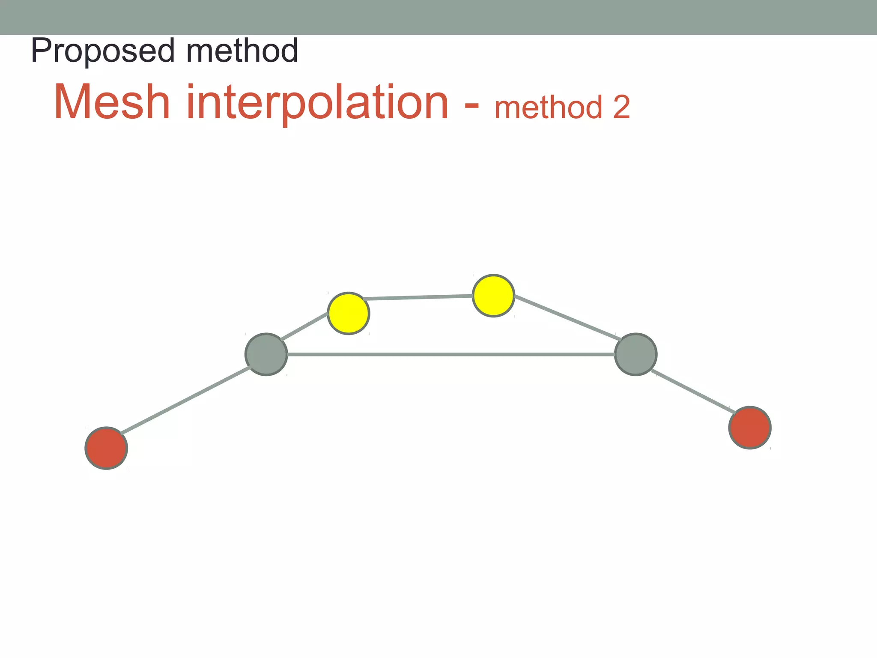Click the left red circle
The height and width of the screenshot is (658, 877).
point(106,448)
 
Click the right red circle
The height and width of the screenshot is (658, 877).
point(750,428)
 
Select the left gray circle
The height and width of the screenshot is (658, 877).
point(266,354)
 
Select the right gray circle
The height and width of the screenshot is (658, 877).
point(635,354)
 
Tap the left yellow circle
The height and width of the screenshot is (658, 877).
point(349,313)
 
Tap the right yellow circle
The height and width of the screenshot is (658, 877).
point(493,296)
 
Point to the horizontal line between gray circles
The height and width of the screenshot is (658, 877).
point(450,354)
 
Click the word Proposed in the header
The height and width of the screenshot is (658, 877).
point(103,51)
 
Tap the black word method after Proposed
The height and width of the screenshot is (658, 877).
point(242,51)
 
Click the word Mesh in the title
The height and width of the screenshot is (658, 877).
point(112,103)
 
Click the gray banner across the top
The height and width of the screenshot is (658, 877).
point(438,17)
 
